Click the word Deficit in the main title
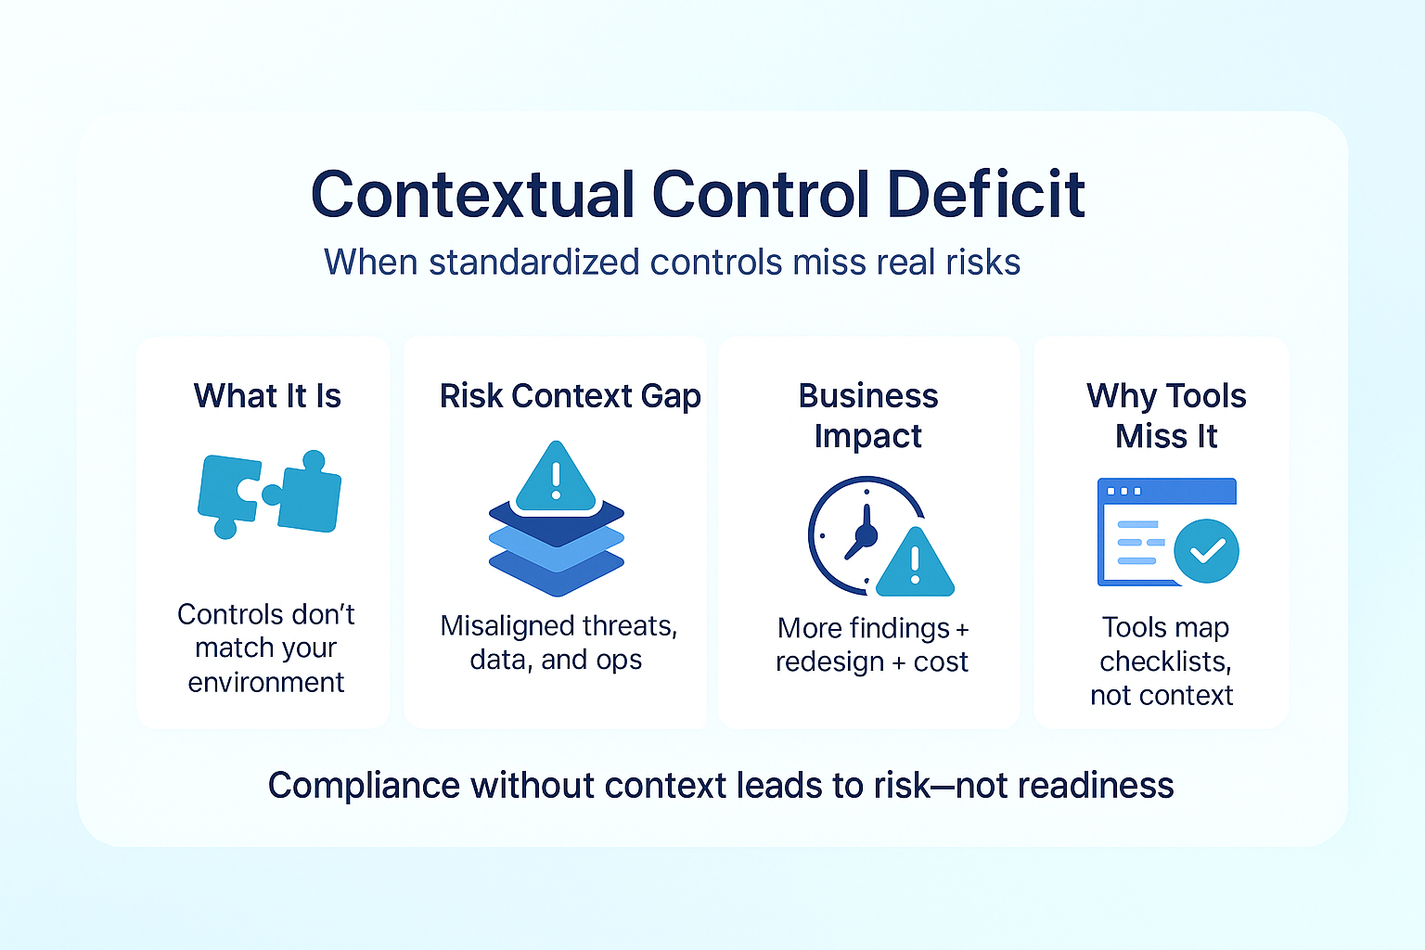986,194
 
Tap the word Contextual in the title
473,194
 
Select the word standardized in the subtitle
534,262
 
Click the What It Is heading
267,396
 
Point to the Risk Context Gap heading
570,396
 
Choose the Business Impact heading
868,416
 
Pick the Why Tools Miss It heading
1166,416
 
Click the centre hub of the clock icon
866,535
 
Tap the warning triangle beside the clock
915,563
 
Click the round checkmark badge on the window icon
1206,551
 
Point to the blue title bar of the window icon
1167,491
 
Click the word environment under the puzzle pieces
266,682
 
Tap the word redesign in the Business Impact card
829,662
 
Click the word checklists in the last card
1165,661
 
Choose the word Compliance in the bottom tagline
364,786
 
